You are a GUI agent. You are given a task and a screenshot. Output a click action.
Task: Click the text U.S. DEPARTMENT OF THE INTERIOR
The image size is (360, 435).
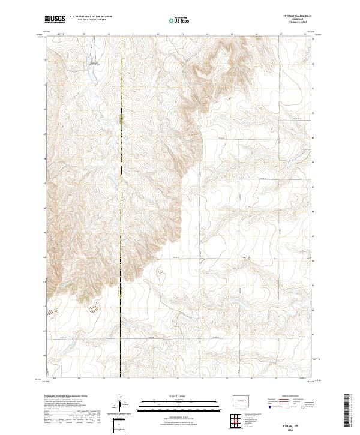click(x=94, y=16)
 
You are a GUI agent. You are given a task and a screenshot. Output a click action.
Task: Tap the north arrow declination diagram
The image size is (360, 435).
click(x=121, y=404)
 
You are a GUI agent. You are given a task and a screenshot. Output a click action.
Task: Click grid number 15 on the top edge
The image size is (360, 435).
click(x=232, y=35)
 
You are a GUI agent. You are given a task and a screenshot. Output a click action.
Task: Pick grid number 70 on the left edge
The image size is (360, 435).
click(x=44, y=109)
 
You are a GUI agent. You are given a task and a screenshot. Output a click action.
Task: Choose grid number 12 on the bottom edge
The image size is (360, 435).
click(x=153, y=379)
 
